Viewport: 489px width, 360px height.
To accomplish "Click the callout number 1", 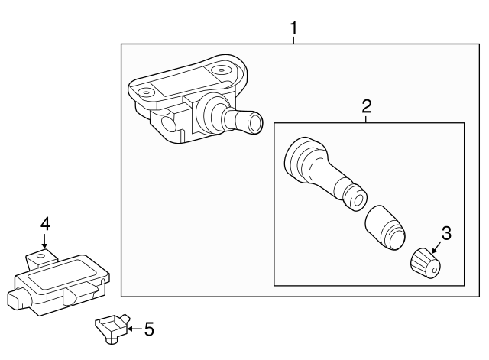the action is (x=293, y=28).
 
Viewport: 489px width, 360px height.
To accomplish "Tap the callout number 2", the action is (x=367, y=106).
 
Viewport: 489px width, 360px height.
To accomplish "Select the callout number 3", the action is (x=446, y=233).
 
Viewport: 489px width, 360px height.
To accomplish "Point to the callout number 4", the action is (x=45, y=224).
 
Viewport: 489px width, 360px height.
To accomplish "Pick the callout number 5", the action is (x=149, y=329).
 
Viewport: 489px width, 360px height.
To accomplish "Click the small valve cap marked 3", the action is (x=426, y=263).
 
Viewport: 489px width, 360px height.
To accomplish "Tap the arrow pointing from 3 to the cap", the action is (x=436, y=248).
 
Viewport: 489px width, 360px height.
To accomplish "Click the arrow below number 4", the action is (x=44, y=241).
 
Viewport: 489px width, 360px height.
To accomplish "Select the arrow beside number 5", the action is (x=134, y=329).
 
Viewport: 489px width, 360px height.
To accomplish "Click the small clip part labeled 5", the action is (x=112, y=328).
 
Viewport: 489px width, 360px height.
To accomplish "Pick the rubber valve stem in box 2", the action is (x=324, y=174).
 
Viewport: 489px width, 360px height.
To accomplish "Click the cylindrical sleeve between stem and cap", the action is (x=385, y=228).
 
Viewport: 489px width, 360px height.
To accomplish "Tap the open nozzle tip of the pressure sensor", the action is (x=255, y=122).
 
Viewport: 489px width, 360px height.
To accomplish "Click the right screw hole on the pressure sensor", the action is (x=221, y=70).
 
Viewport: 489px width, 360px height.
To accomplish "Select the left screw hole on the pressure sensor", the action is (x=146, y=92).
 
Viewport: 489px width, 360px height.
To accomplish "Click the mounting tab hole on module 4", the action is (x=40, y=256).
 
